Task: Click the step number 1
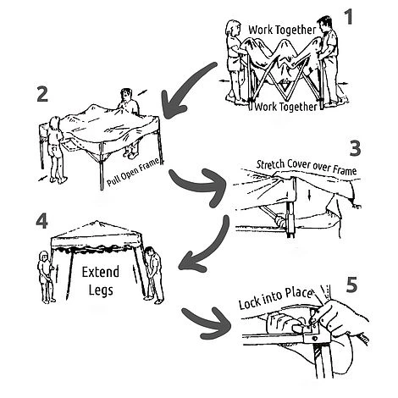[349, 17]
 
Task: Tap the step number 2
[42, 94]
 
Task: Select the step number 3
[355, 148]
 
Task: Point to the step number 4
[41, 221]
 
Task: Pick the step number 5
[351, 285]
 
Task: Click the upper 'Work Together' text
[282, 30]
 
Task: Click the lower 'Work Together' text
[286, 107]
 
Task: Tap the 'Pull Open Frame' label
[134, 172]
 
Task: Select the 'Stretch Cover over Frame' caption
[307, 168]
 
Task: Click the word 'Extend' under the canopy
[100, 272]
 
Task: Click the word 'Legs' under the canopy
[101, 290]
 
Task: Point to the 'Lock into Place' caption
[276, 298]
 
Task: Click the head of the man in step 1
[323, 24]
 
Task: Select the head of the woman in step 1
[233, 28]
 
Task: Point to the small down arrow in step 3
[310, 195]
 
